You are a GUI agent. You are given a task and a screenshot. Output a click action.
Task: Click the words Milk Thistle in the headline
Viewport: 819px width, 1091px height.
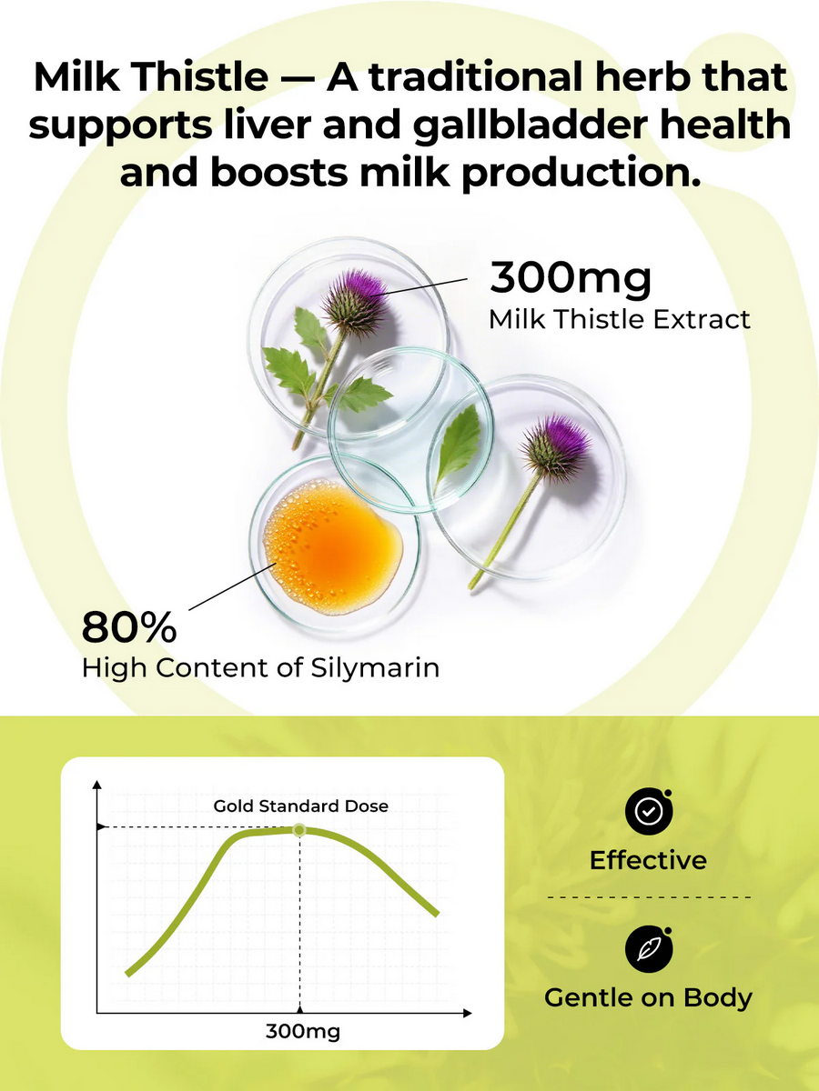(151, 77)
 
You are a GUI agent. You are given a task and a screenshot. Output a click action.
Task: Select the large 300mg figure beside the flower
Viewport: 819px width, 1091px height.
(571, 279)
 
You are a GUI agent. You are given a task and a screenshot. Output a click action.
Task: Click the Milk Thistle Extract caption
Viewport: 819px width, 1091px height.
(620, 319)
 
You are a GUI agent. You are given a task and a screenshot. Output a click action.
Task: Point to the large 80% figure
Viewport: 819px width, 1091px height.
(129, 626)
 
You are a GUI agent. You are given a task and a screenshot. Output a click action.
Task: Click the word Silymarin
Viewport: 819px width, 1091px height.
(376, 669)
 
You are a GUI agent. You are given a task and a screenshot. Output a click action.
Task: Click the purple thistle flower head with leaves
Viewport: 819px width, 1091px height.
(356, 302)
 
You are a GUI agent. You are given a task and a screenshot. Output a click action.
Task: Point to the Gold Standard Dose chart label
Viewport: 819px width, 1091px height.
(301, 806)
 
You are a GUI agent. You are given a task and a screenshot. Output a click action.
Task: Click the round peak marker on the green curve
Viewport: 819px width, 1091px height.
(298, 829)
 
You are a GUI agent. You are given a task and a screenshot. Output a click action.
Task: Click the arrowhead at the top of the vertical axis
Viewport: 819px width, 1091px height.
(97, 785)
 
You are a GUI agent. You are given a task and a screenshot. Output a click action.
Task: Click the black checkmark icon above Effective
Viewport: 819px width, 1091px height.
(649, 811)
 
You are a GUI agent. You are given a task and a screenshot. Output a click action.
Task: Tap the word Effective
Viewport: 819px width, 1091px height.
(648, 860)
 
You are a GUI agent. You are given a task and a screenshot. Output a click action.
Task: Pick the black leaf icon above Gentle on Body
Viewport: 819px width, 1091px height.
(649, 949)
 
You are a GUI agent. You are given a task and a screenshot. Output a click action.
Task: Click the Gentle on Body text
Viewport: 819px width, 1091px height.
(649, 998)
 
